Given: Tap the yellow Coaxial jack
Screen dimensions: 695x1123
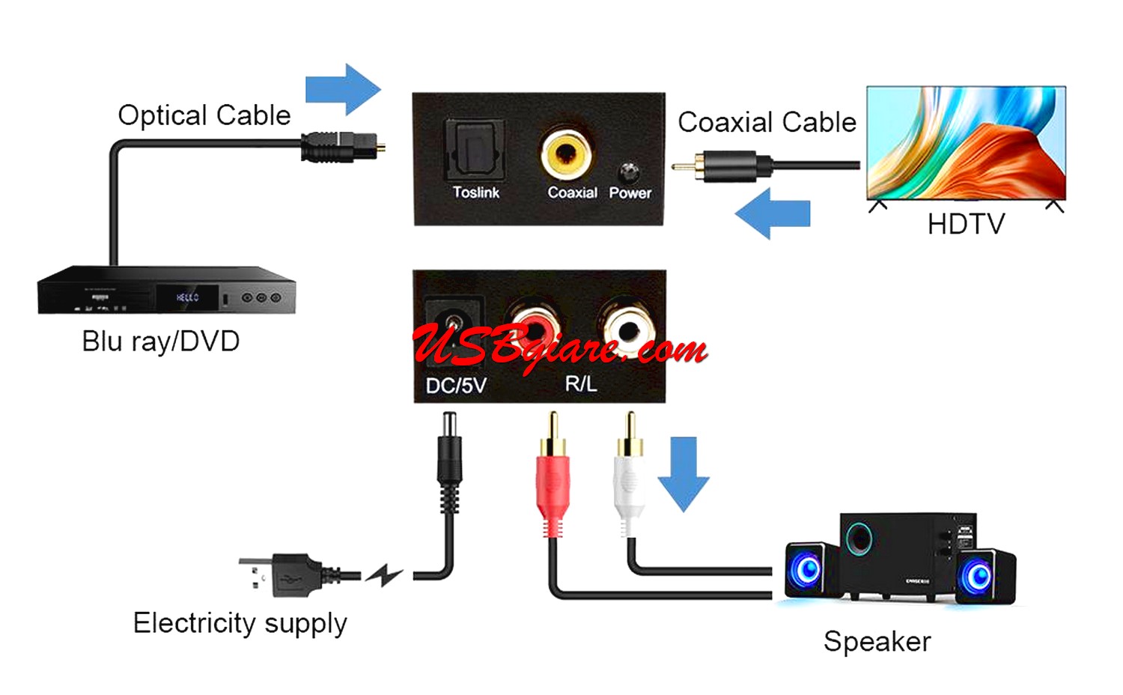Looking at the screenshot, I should click(566, 152).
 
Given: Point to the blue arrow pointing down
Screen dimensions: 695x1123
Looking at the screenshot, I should click(684, 473).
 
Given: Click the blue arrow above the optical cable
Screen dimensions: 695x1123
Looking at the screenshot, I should click(343, 90).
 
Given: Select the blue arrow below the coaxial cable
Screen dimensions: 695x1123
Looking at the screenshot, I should click(772, 213).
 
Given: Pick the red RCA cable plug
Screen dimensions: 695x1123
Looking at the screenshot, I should click(553, 479).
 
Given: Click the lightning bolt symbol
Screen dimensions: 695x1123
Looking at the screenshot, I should click(384, 574).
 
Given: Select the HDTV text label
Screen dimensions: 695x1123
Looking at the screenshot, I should click(965, 224).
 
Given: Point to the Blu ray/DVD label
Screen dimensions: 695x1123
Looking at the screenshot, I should click(160, 342).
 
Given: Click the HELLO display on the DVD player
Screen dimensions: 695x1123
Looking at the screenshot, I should click(187, 297).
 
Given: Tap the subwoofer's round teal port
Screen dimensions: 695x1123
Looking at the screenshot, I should click(859, 538).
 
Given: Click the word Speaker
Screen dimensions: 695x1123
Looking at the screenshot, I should click(877, 642).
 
